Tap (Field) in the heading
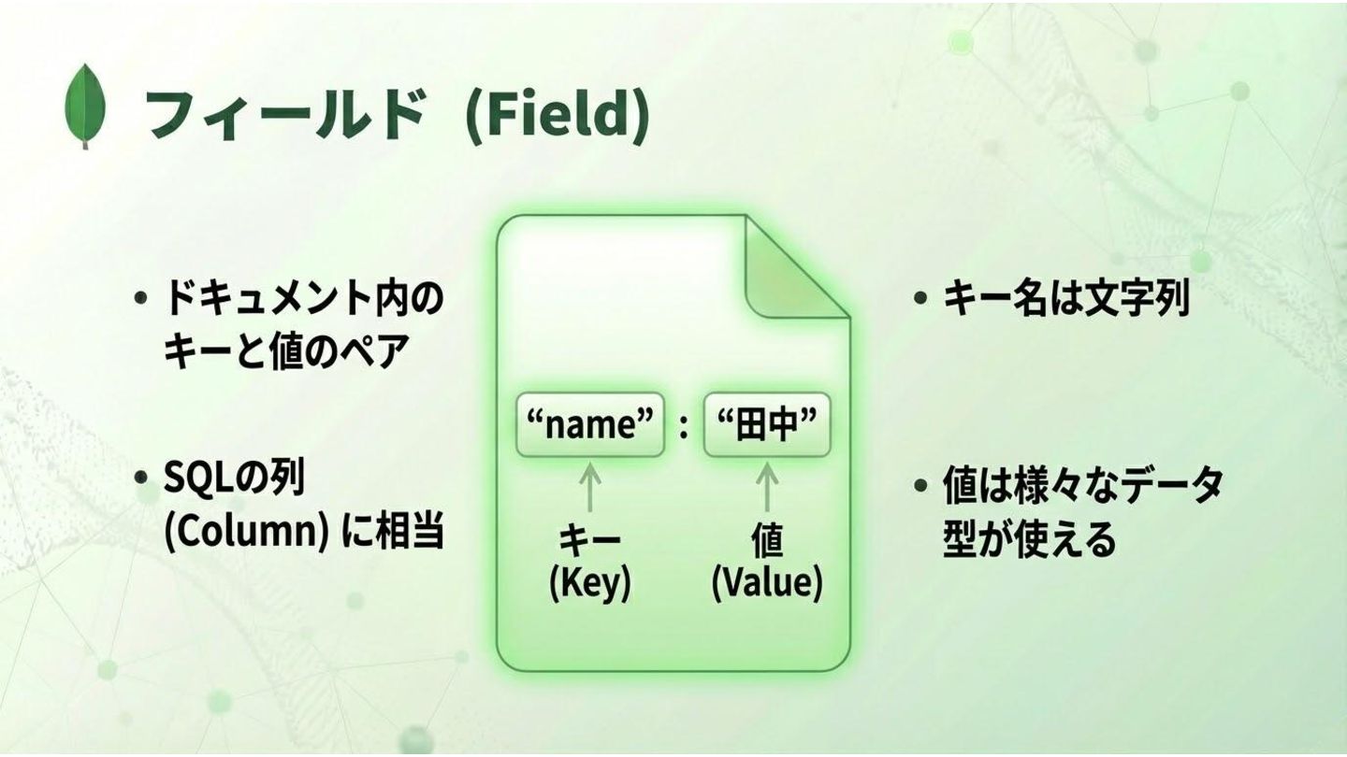click(557, 116)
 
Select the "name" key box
click(590, 425)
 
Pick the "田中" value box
click(767, 425)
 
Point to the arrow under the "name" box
click(589, 486)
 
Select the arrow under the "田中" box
click(767, 486)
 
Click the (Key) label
click(589, 583)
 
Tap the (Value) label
click(767, 583)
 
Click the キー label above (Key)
click(589, 541)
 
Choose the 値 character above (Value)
click(767, 541)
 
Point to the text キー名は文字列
click(1065, 299)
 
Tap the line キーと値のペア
click(285, 352)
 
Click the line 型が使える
click(1029, 539)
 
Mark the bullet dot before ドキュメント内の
click(141, 299)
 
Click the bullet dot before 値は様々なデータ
click(921, 486)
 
